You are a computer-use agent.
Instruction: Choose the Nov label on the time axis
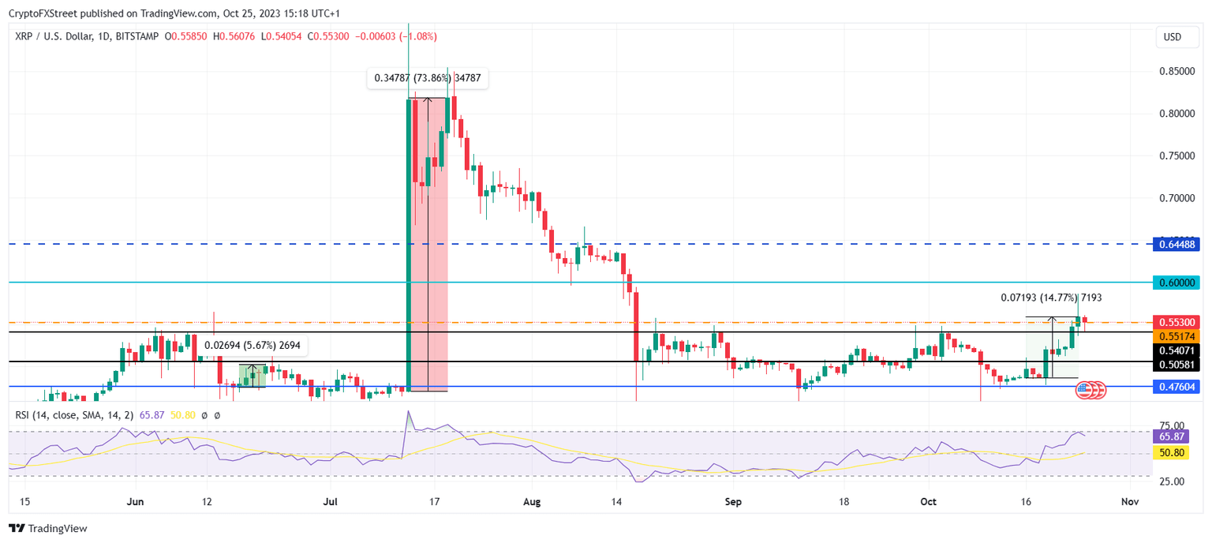point(1129,501)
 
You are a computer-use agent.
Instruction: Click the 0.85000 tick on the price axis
point(1175,72)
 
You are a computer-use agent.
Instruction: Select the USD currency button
point(1173,37)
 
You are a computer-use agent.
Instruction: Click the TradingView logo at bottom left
point(48,528)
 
